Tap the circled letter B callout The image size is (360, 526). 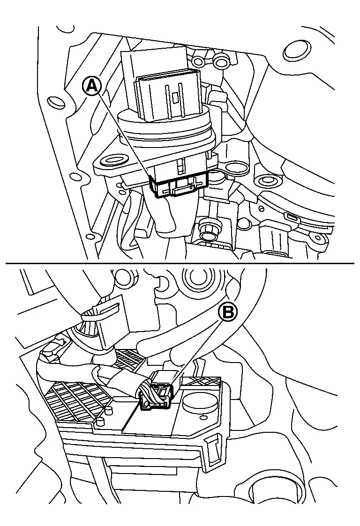tap(228, 312)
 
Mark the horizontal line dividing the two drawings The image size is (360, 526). tap(180, 263)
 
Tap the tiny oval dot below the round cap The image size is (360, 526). tap(203, 417)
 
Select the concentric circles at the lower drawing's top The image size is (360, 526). tap(193, 278)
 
